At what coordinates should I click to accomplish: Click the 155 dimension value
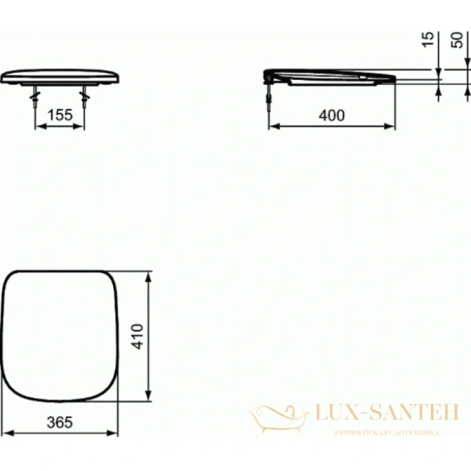tap(60, 115)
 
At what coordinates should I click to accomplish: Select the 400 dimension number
tap(332, 115)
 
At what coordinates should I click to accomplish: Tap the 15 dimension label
tap(426, 38)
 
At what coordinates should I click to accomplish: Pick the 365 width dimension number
tap(60, 422)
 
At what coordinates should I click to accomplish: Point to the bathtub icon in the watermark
tap(275, 414)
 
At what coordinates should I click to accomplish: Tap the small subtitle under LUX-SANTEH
tap(386, 433)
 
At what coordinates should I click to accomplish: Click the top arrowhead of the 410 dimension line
tap(150, 276)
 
